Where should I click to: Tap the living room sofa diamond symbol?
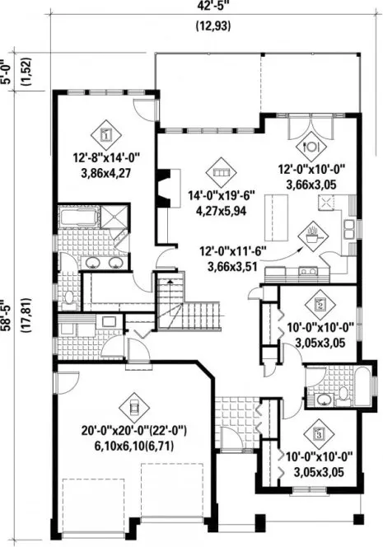pyautogui.click(x=219, y=172)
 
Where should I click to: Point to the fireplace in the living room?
pyautogui.click(x=166, y=186)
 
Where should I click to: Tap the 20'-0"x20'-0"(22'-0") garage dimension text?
pyautogui.click(x=132, y=436)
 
